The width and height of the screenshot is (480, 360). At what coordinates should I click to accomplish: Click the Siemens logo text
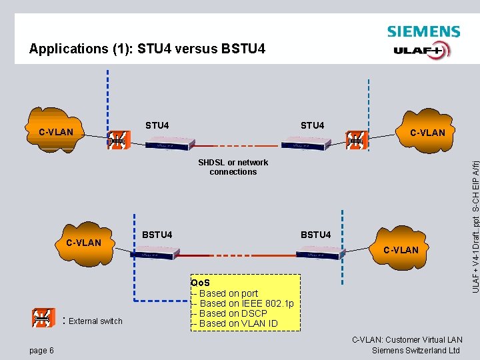pyautogui.click(x=423, y=31)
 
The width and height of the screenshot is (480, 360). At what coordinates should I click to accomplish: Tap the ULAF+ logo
pyautogui.click(x=421, y=50)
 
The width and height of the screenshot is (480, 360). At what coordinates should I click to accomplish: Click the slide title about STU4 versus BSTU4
pyautogui.click(x=147, y=49)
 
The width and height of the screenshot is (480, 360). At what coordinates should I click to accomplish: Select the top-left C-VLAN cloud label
pyautogui.click(x=56, y=132)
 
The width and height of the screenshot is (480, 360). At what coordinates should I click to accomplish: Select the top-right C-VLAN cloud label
pyautogui.click(x=427, y=133)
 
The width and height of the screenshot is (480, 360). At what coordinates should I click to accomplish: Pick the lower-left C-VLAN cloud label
pyautogui.click(x=84, y=243)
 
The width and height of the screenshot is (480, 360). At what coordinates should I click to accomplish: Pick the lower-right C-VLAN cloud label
pyautogui.click(x=401, y=250)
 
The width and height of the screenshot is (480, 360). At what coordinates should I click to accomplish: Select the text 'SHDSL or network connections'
pyautogui.click(x=233, y=167)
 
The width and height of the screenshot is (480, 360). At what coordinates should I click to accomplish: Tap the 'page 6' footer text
pyautogui.click(x=42, y=351)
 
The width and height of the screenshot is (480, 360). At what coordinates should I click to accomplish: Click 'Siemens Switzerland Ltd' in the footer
pyautogui.click(x=416, y=351)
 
